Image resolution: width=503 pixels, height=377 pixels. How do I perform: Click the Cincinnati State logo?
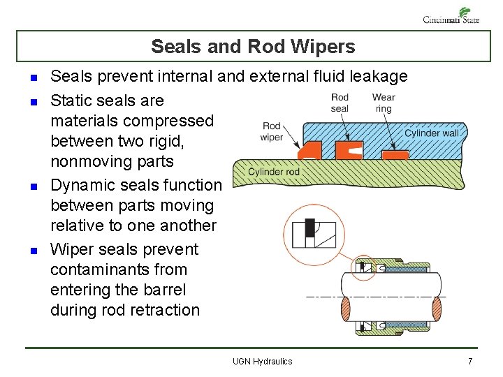click(x=451, y=15)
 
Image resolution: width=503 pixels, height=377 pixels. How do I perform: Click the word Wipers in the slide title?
click(x=321, y=47)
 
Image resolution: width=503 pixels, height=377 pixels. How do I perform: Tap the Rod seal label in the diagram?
click(x=340, y=103)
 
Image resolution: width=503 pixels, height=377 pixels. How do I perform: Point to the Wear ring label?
click(x=384, y=103)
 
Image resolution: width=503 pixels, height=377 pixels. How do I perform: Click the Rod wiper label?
click(x=272, y=132)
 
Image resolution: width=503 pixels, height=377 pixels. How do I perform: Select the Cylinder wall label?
click(x=432, y=133)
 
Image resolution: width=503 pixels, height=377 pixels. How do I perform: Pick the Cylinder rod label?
click(x=274, y=172)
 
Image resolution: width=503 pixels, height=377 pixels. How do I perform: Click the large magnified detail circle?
click(x=313, y=234)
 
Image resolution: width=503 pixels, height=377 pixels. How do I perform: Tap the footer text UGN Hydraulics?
click(x=263, y=361)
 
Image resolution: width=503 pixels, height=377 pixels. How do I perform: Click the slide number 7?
click(x=470, y=361)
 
